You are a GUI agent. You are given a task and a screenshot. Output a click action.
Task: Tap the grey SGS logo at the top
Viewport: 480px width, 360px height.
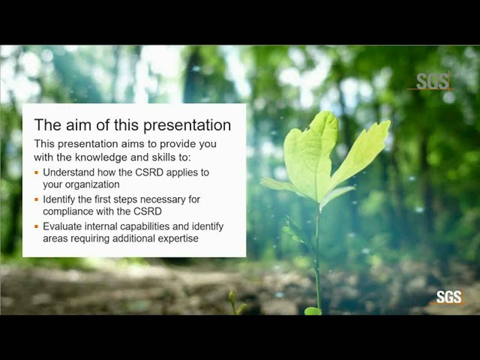[432, 81]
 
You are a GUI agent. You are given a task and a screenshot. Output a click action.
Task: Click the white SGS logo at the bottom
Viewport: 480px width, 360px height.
[449, 297]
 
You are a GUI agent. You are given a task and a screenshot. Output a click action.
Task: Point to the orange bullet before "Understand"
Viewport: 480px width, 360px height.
[36, 172]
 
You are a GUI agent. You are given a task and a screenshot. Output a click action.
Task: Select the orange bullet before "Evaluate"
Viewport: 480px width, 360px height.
[36, 226]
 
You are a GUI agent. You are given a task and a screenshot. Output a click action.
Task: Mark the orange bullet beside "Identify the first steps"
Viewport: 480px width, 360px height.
[36, 199]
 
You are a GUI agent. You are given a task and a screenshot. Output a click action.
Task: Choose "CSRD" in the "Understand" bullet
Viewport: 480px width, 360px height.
[149, 172]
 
